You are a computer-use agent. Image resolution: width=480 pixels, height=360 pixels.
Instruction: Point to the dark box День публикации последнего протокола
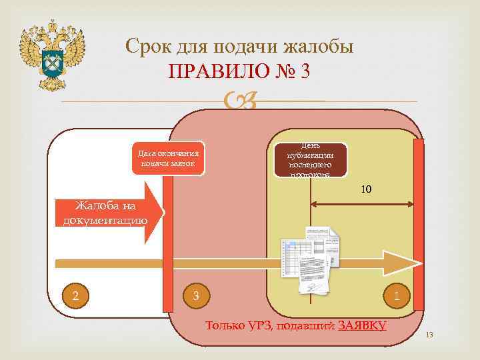tap(311, 160)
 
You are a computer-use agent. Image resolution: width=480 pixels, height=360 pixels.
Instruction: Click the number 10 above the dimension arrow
tap(366, 190)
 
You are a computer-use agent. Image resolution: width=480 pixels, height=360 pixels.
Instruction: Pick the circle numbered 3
tap(195, 295)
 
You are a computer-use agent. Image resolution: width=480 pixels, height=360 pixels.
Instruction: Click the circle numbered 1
tap(397, 295)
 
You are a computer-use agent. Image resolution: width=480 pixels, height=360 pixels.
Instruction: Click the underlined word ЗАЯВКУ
tap(363, 326)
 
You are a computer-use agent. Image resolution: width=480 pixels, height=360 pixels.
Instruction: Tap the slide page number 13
tap(429, 335)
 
